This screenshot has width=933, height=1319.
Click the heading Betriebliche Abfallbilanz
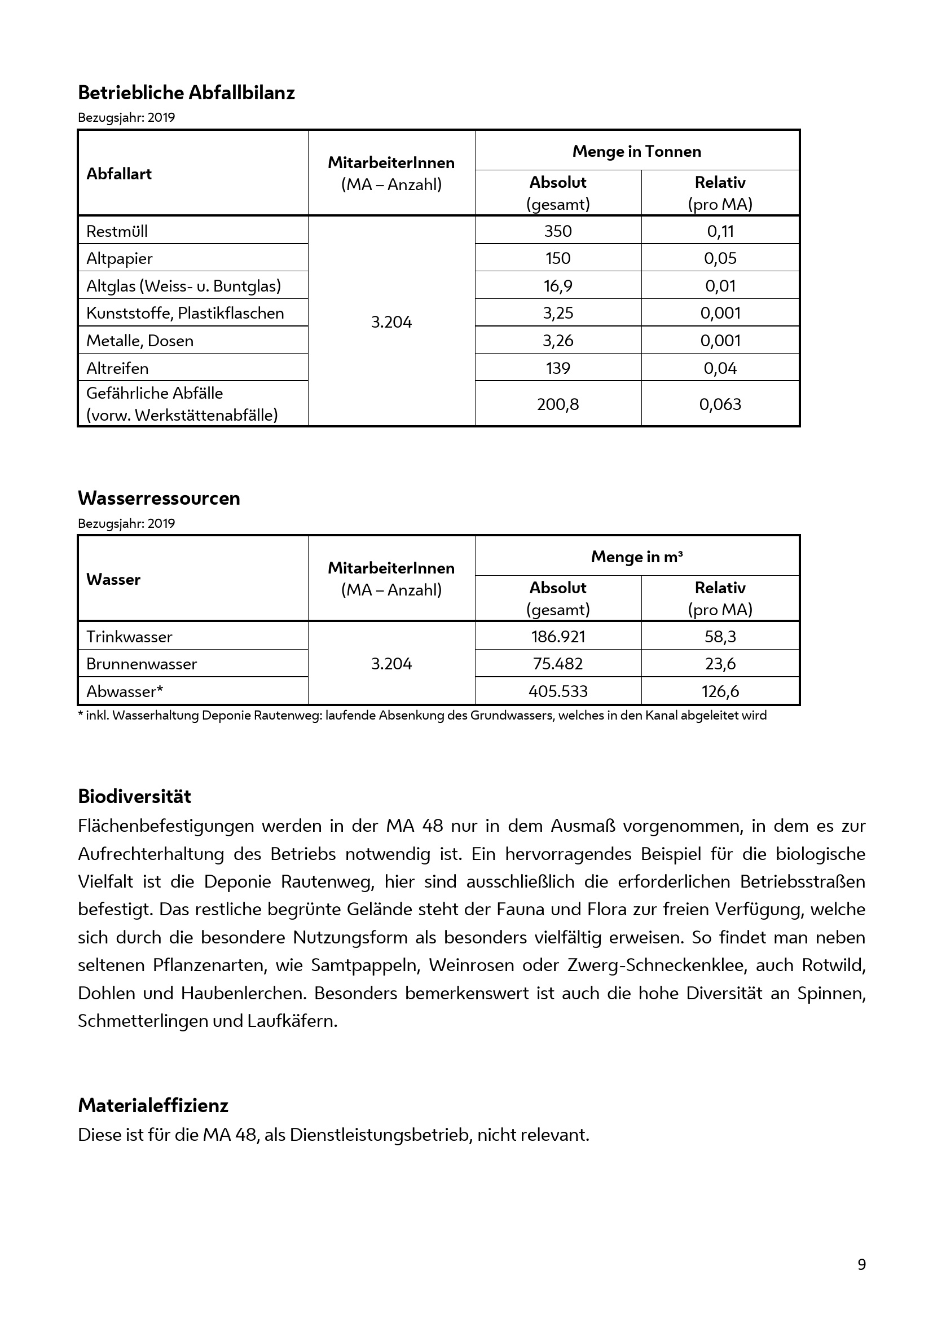pos(186,93)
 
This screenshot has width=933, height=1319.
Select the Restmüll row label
pos(117,231)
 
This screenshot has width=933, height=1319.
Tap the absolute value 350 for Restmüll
pos(558,231)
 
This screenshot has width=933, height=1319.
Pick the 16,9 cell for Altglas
pos(558,285)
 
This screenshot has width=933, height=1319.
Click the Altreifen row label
pos(117,368)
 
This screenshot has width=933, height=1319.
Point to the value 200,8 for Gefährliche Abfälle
pos(558,404)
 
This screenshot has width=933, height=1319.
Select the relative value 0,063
pos(720,404)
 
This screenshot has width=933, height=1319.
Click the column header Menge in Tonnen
pos(636,152)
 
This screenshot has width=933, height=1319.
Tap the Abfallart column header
pos(119,174)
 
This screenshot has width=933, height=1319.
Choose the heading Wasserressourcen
pos(159,499)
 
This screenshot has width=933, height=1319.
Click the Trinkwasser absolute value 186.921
pos(558,637)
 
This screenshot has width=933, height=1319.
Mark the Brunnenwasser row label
pos(142,664)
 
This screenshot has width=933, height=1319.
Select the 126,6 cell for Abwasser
pos(720,691)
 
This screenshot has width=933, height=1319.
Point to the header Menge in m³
pos(636,557)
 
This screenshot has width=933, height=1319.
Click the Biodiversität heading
pos(134,797)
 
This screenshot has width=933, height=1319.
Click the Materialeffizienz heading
pos(153,1105)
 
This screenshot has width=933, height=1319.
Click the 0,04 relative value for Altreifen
pos(720,368)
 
